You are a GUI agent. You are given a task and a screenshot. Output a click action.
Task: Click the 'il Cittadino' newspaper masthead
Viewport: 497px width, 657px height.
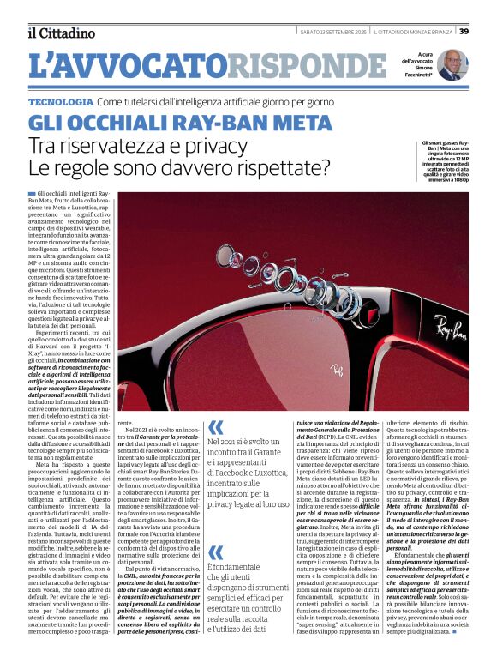[59, 33]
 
